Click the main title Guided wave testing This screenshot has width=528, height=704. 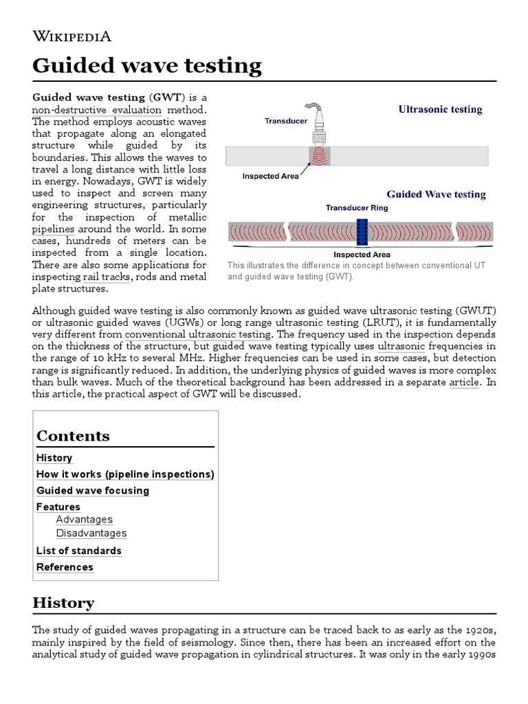tap(147, 66)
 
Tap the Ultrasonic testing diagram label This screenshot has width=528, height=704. tap(440, 109)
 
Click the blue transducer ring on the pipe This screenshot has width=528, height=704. tap(362, 232)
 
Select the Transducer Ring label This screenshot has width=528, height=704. tap(356, 207)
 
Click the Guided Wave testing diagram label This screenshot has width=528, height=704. tap(436, 195)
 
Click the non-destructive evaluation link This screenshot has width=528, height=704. tap(97, 110)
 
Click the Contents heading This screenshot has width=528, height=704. tap(73, 436)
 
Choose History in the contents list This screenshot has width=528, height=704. tap(54, 458)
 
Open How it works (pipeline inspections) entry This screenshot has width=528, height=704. tap(125, 474)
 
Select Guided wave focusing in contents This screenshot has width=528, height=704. tap(93, 491)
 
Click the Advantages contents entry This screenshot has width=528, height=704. tap(84, 520)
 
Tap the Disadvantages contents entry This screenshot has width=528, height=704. tap(91, 533)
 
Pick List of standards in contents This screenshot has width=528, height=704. tap(78, 551)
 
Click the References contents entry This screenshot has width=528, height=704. tap(65, 567)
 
